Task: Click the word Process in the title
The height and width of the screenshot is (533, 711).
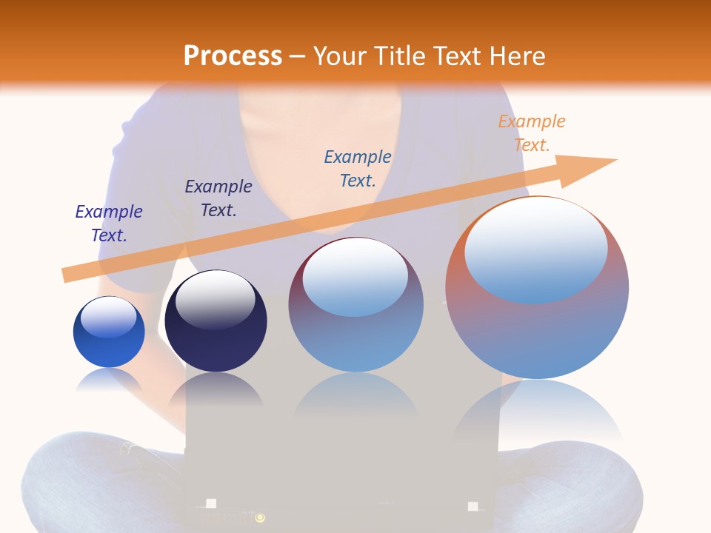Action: (233, 56)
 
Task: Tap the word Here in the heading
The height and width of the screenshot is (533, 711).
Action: (516, 56)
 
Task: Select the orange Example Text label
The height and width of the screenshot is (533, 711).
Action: (531, 133)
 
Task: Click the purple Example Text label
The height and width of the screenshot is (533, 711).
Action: (109, 224)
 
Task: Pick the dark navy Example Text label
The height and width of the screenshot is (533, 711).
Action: (218, 198)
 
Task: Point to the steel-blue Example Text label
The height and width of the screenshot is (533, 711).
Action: (358, 168)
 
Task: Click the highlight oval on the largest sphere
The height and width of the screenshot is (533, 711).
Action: (536, 250)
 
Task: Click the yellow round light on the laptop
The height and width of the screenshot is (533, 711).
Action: (260, 518)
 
